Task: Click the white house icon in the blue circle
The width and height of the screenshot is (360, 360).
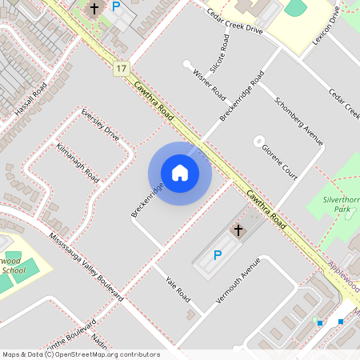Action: pyautogui.click(x=180, y=173)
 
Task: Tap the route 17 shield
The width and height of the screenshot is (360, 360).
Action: pyautogui.click(x=122, y=70)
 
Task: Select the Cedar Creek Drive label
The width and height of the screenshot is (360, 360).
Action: pyautogui.click(x=234, y=22)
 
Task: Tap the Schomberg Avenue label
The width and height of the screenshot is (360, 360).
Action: pyautogui.click(x=298, y=121)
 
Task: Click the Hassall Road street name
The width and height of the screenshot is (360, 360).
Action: pyautogui.click(x=30, y=98)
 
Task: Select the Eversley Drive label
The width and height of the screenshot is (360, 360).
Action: pyautogui.click(x=100, y=125)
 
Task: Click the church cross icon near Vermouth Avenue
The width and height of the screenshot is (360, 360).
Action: pyautogui.click(x=237, y=230)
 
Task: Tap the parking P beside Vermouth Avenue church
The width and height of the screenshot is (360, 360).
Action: pyautogui.click(x=217, y=255)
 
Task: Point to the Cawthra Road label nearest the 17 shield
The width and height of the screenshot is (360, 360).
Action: pyautogui.click(x=154, y=101)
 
